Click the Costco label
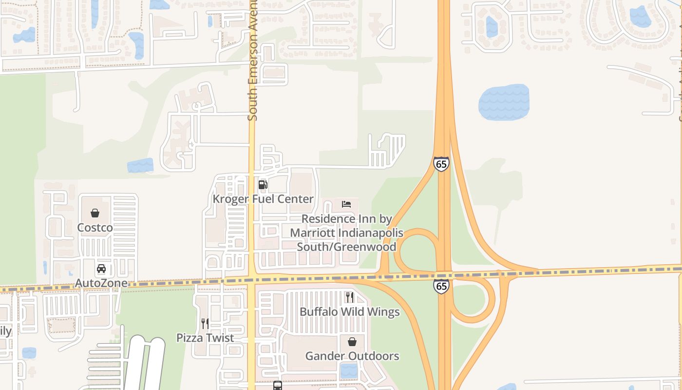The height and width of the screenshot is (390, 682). click(95, 228)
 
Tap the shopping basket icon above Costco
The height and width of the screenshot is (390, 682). click(95, 213)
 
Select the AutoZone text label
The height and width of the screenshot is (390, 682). click(101, 283)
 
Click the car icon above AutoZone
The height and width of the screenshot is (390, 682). click(101, 269)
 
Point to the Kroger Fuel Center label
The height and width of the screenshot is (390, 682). click(263, 199)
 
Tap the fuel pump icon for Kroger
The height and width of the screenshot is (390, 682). click(263, 184)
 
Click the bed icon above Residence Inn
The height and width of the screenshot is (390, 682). click(346, 204)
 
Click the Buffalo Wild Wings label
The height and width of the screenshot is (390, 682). click(350, 312)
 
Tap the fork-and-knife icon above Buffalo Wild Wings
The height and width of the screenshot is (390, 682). click(349, 297)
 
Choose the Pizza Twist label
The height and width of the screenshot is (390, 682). click(205, 338)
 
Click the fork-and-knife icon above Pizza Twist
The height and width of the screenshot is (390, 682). click(205, 323)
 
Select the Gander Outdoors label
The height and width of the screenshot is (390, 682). click(352, 356)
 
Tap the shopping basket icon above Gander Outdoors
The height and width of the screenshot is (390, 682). click(352, 342)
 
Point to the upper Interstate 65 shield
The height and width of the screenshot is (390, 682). click(441, 164)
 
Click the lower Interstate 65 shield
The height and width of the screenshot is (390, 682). click(441, 286)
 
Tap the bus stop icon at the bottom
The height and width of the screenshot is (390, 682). click(278, 386)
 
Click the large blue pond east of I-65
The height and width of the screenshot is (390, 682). click(504, 102)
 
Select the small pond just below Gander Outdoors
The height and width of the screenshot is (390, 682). click(349, 370)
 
